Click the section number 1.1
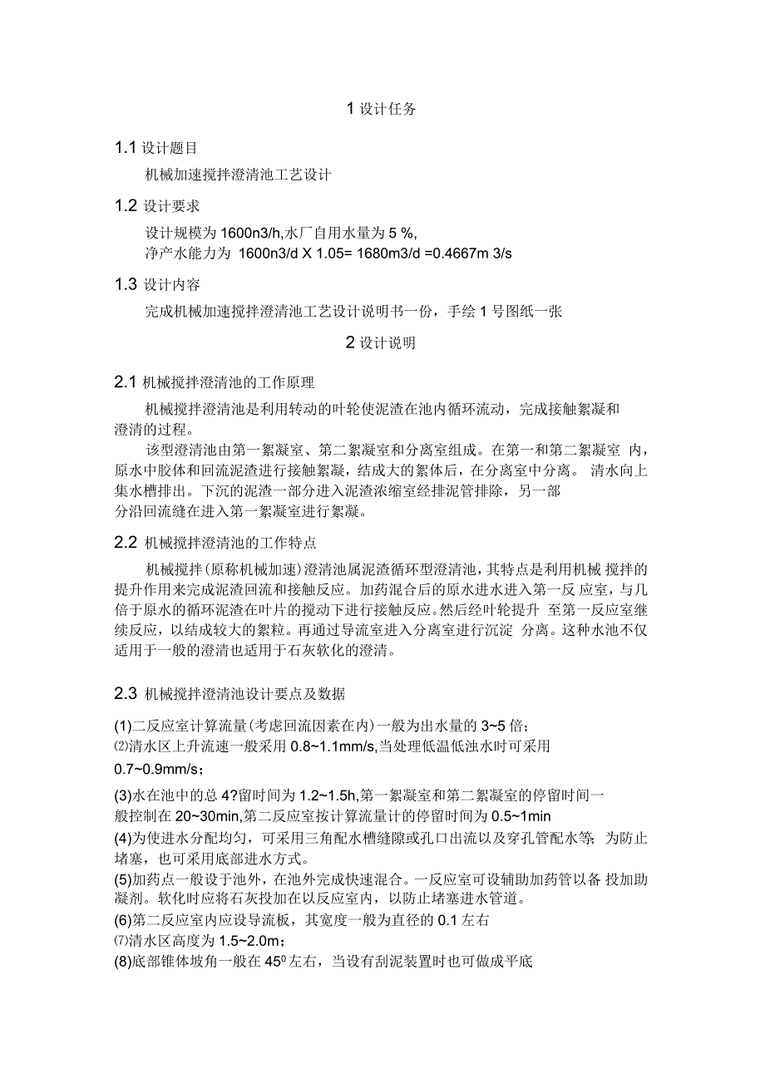[x=126, y=149]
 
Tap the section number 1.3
[x=126, y=285]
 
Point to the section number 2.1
[x=126, y=383]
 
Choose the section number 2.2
[x=126, y=544]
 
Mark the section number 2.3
[x=126, y=692]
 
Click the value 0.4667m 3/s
[x=468, y=253]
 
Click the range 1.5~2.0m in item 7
[x=247, y=940]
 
